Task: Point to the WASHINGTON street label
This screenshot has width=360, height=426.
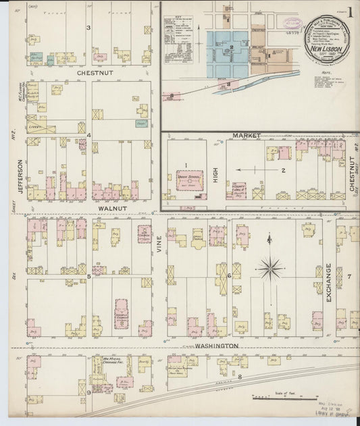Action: [x=217, y=346]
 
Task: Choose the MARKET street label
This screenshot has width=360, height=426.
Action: [x=247, y=136]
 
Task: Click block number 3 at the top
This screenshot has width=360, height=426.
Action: [x=88, y=28]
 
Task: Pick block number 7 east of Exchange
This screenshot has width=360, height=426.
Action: [x=349, y=277]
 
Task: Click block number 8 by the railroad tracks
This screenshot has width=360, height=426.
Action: [x=239, y=375]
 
